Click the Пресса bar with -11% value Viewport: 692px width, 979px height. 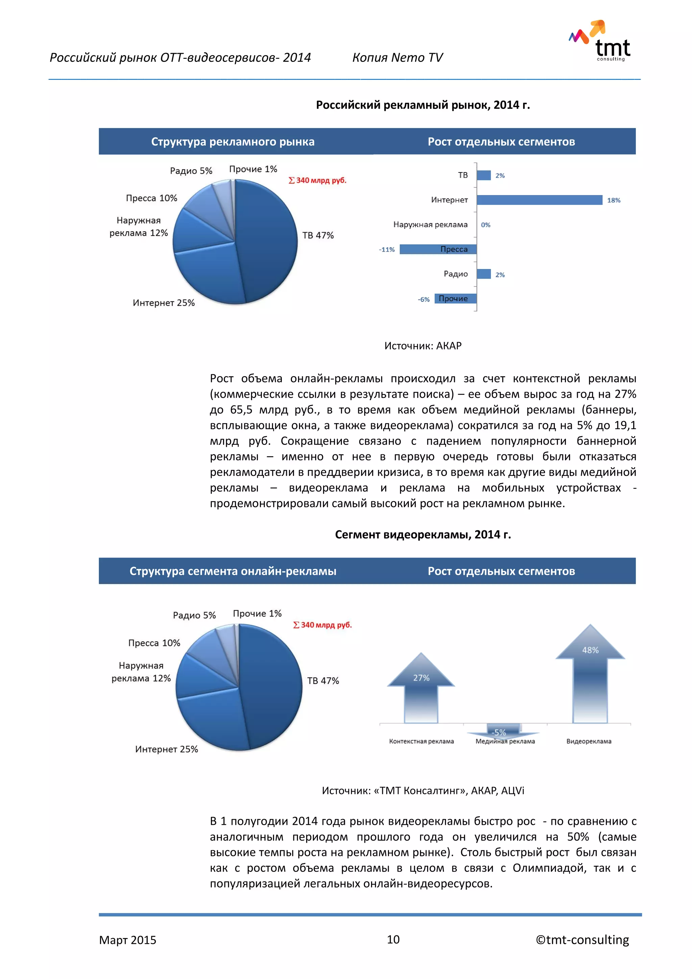pos(438,249)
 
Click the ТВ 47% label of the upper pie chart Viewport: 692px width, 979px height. pos(318,235)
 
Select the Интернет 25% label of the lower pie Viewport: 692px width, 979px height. pos(167,749)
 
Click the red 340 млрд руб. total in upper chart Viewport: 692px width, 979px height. pos(318,181)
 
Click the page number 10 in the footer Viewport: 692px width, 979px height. pos(393,939)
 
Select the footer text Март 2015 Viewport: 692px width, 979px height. pos(127,940)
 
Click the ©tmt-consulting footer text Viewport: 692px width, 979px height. pos(582,940)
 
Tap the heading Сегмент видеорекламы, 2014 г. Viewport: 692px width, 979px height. pos(423,535)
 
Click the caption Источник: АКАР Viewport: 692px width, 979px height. pos(423,346)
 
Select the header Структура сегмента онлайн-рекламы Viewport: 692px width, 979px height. pos(233,571)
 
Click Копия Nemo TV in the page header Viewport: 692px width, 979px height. pos(397,57)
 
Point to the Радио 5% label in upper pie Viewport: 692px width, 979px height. pos(191,171)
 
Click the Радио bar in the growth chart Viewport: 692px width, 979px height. pos(484,274)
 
